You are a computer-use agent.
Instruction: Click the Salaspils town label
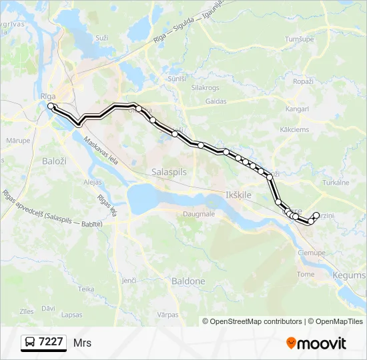click(x=169, y=171)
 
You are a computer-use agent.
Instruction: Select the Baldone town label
click(x=188, y=281)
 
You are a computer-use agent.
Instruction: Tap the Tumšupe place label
click(x=300, y=39)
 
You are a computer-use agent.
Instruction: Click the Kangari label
click(x=295, y=108)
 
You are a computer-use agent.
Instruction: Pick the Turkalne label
click(x=336, y=182)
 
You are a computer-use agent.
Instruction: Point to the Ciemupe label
click(x=311, y=253)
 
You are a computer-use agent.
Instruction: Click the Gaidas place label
click(x=216, y=101)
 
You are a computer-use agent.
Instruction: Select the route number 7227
click(x=51, y=342)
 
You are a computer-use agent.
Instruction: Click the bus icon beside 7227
click(x=30, y=343)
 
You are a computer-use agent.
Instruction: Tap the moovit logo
click(x=316, y=343)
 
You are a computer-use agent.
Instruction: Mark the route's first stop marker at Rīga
click(x=51, y=106)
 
